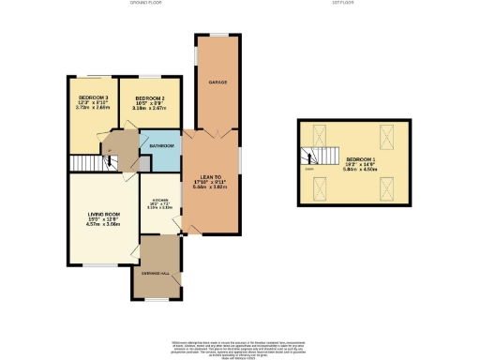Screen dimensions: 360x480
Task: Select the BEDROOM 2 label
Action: pos(150,97)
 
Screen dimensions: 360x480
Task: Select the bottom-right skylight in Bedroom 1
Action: pos(385,192)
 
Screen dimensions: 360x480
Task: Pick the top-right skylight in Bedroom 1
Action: pos(385,132)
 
